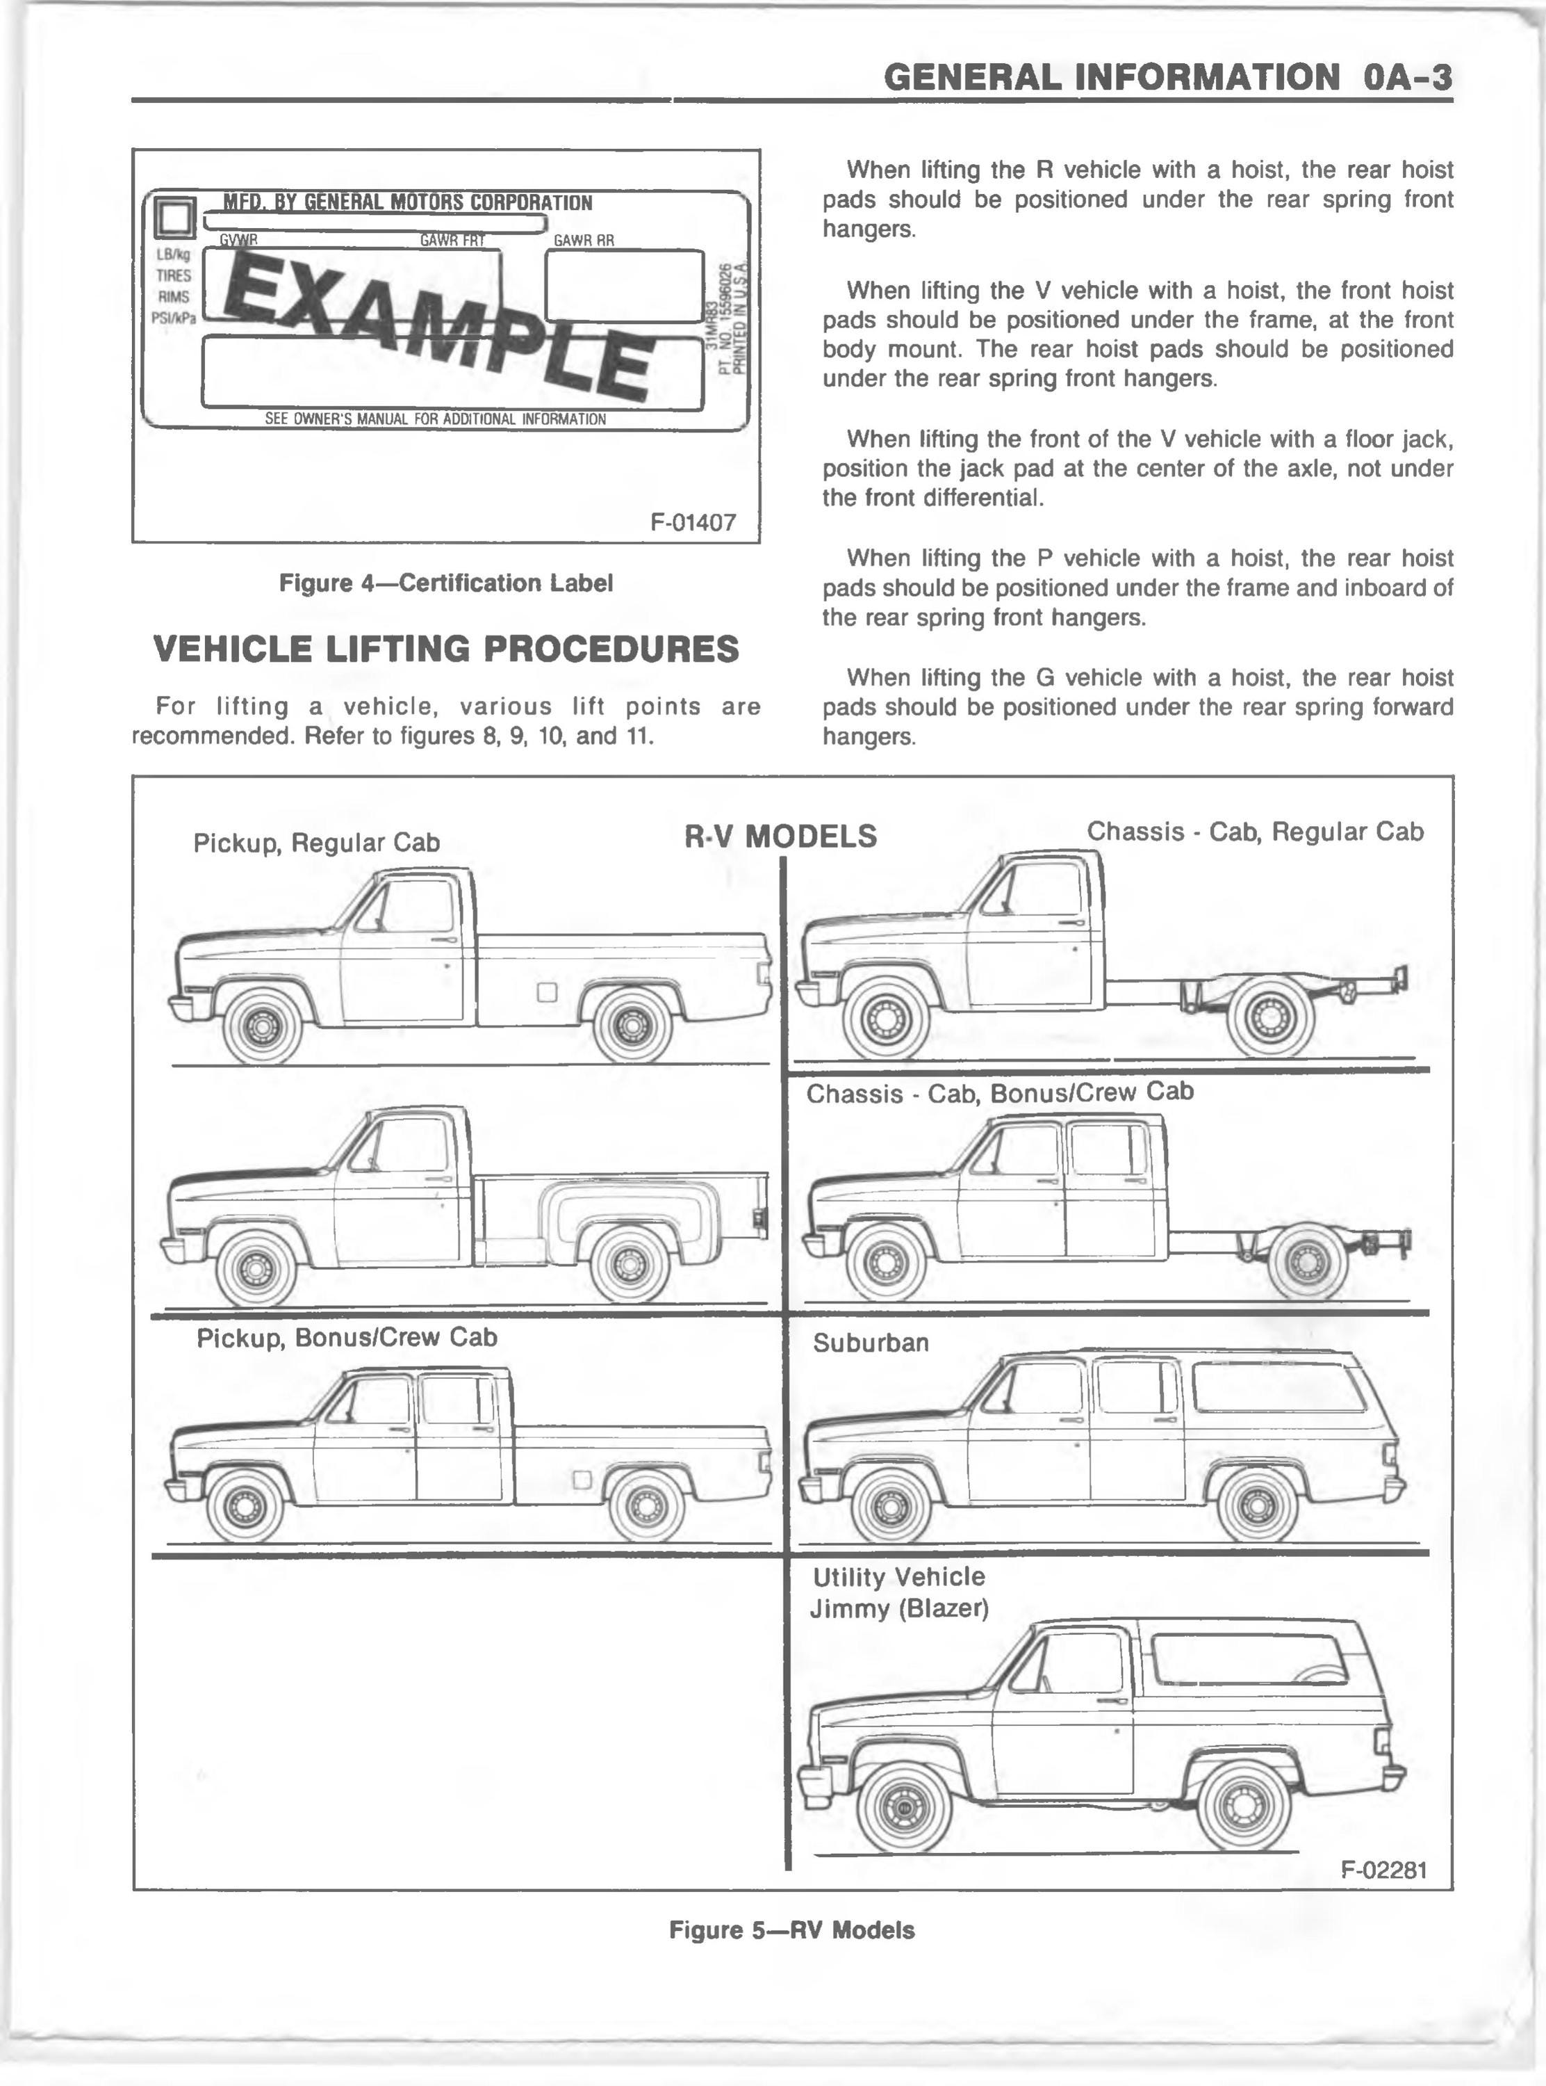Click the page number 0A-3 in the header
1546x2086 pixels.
(x=1408, y=76)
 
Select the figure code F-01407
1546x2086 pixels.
(x=693, y=521)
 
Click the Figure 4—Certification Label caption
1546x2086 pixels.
(x=445, y=583)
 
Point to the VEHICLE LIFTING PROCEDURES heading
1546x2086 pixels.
(x=445, y=649)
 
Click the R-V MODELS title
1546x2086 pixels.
(x=780, y=836)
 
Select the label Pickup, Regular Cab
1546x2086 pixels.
(x=316, y=843)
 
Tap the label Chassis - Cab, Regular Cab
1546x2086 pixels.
(x=1255, y=832)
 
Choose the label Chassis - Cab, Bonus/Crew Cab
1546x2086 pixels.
(x=999, y=1092)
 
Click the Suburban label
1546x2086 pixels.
(x=871, y=1343)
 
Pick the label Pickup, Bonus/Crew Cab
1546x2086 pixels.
(x=346, y=1337)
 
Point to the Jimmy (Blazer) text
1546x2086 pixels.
(x=898, y=1608)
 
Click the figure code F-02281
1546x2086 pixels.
(x=1383, y=1870)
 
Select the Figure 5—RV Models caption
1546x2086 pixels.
(x=791, y=1930)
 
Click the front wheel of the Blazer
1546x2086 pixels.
(x=903, y=1806)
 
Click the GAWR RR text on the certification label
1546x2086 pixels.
(x=584, y=241)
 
